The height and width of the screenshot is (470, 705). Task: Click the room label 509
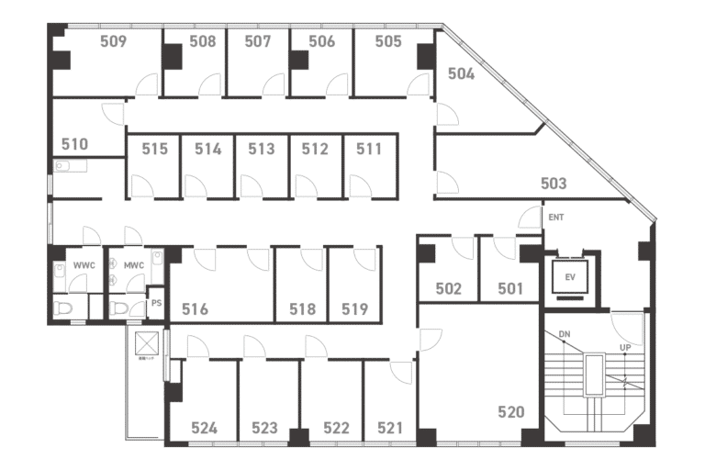(113, 41)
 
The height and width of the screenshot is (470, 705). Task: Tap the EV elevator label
(569, 275)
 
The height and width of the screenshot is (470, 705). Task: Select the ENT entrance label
(555, 218)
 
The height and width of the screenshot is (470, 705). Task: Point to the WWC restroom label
(84, 266)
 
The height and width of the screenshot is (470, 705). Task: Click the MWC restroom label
(134, 266)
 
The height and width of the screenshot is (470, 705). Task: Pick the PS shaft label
(156, 303)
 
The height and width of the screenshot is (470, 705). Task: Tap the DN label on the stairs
(565, 334)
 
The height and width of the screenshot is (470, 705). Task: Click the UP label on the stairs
(625, 348)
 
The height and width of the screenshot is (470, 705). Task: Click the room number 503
(553, 184)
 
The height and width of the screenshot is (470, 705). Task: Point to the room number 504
(461, 74)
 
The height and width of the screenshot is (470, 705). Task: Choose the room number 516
(195, 309)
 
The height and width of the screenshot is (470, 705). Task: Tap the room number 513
(262, 149)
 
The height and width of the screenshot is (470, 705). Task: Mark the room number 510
(74, 144)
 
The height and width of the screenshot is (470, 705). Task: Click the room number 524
(205, 428)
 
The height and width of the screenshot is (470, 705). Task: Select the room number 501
(511, 288)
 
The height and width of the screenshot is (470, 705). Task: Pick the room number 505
(388, 41)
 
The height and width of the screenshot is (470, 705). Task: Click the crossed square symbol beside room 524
(146, 344)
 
